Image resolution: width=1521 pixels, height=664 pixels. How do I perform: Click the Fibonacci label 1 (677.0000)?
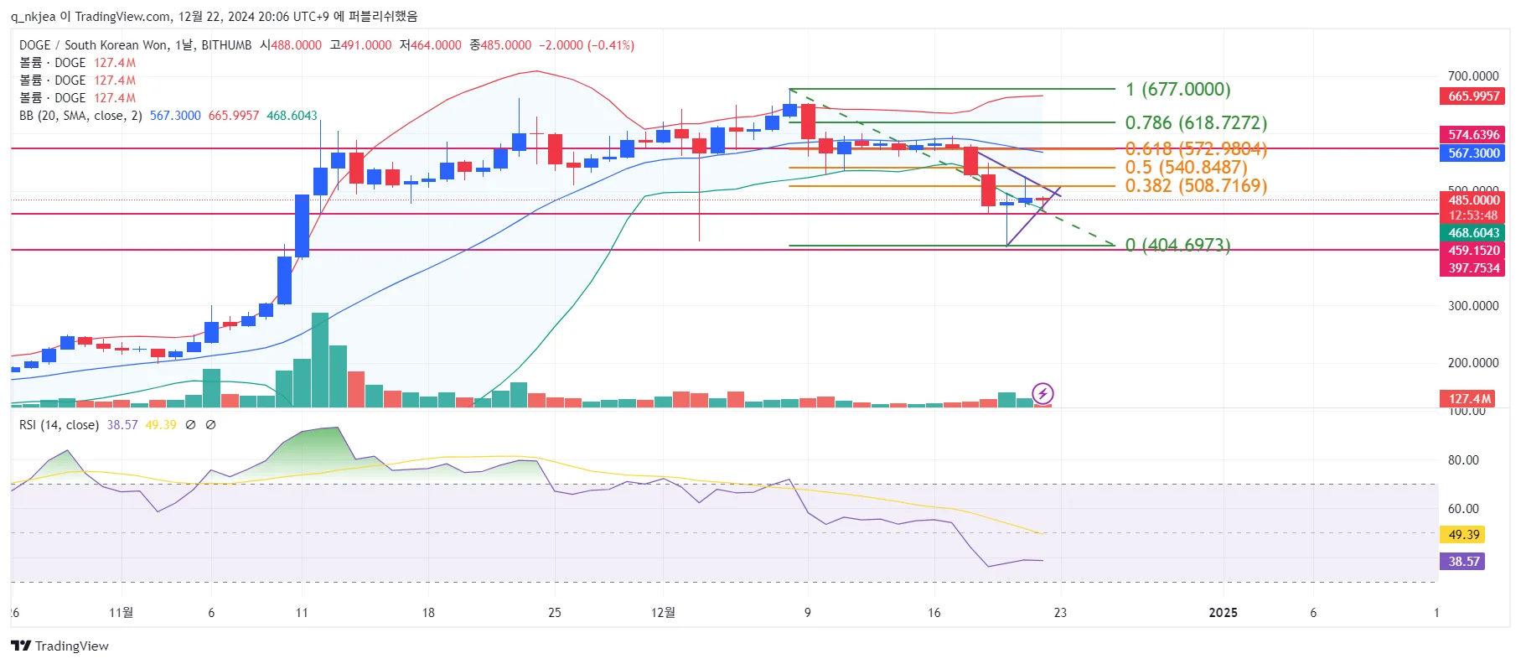pyautogui.click(x=1177, y=90)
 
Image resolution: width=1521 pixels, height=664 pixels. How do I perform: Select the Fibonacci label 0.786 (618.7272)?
pyautogui.click(x=1195, y=123)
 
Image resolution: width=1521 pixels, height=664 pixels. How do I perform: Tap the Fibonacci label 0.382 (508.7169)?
pyautogui.click(x=1195, y=185)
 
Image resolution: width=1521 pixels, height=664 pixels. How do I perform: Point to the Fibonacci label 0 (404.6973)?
pyautogui.click(x=1177, y=245)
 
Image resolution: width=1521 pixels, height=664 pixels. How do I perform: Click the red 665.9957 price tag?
pyautogui.click(x=1473, y=96)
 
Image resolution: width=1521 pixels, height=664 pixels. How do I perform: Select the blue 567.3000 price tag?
pyautogui.click(x=1473, y=153)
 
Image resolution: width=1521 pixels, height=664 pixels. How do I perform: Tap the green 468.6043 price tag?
pyautogui.click(x=1473, y=233)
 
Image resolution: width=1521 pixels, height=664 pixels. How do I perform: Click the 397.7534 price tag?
pyautogui.click(x=1473, y=268)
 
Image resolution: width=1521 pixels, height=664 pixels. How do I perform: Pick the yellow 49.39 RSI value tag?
pyautogui.click(x=1463, y=534)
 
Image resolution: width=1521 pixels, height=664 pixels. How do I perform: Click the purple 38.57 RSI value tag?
pyautogui.click(x=1463, y=561)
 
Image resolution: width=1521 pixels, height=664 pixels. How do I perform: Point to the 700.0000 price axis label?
pyautogui.click(x=1472, y=76)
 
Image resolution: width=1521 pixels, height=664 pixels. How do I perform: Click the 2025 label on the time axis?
pyautogui.click(x=1223, y=613)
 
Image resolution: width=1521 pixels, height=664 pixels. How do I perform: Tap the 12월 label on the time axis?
pyautogui.click(x=663, y=613)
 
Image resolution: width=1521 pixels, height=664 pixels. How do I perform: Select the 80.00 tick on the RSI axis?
pyautogui.click(x=1463, y=460)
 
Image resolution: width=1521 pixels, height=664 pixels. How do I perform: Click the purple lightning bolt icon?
pyautogui.click(x=1042, y=393)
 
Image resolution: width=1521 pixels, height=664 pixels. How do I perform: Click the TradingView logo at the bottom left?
pyautogui.click(x=60, y=646)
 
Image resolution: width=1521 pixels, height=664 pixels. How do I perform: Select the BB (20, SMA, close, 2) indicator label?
pyautogui.click(x=80, y=116)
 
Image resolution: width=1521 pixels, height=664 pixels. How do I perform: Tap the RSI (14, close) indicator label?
pyautogui.click(x=59, y=425)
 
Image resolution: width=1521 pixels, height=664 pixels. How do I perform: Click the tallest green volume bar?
pyautogui.click(x=320, y=361)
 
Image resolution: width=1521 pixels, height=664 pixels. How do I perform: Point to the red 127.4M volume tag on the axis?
pyautogui.click(x=1470, y=399)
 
